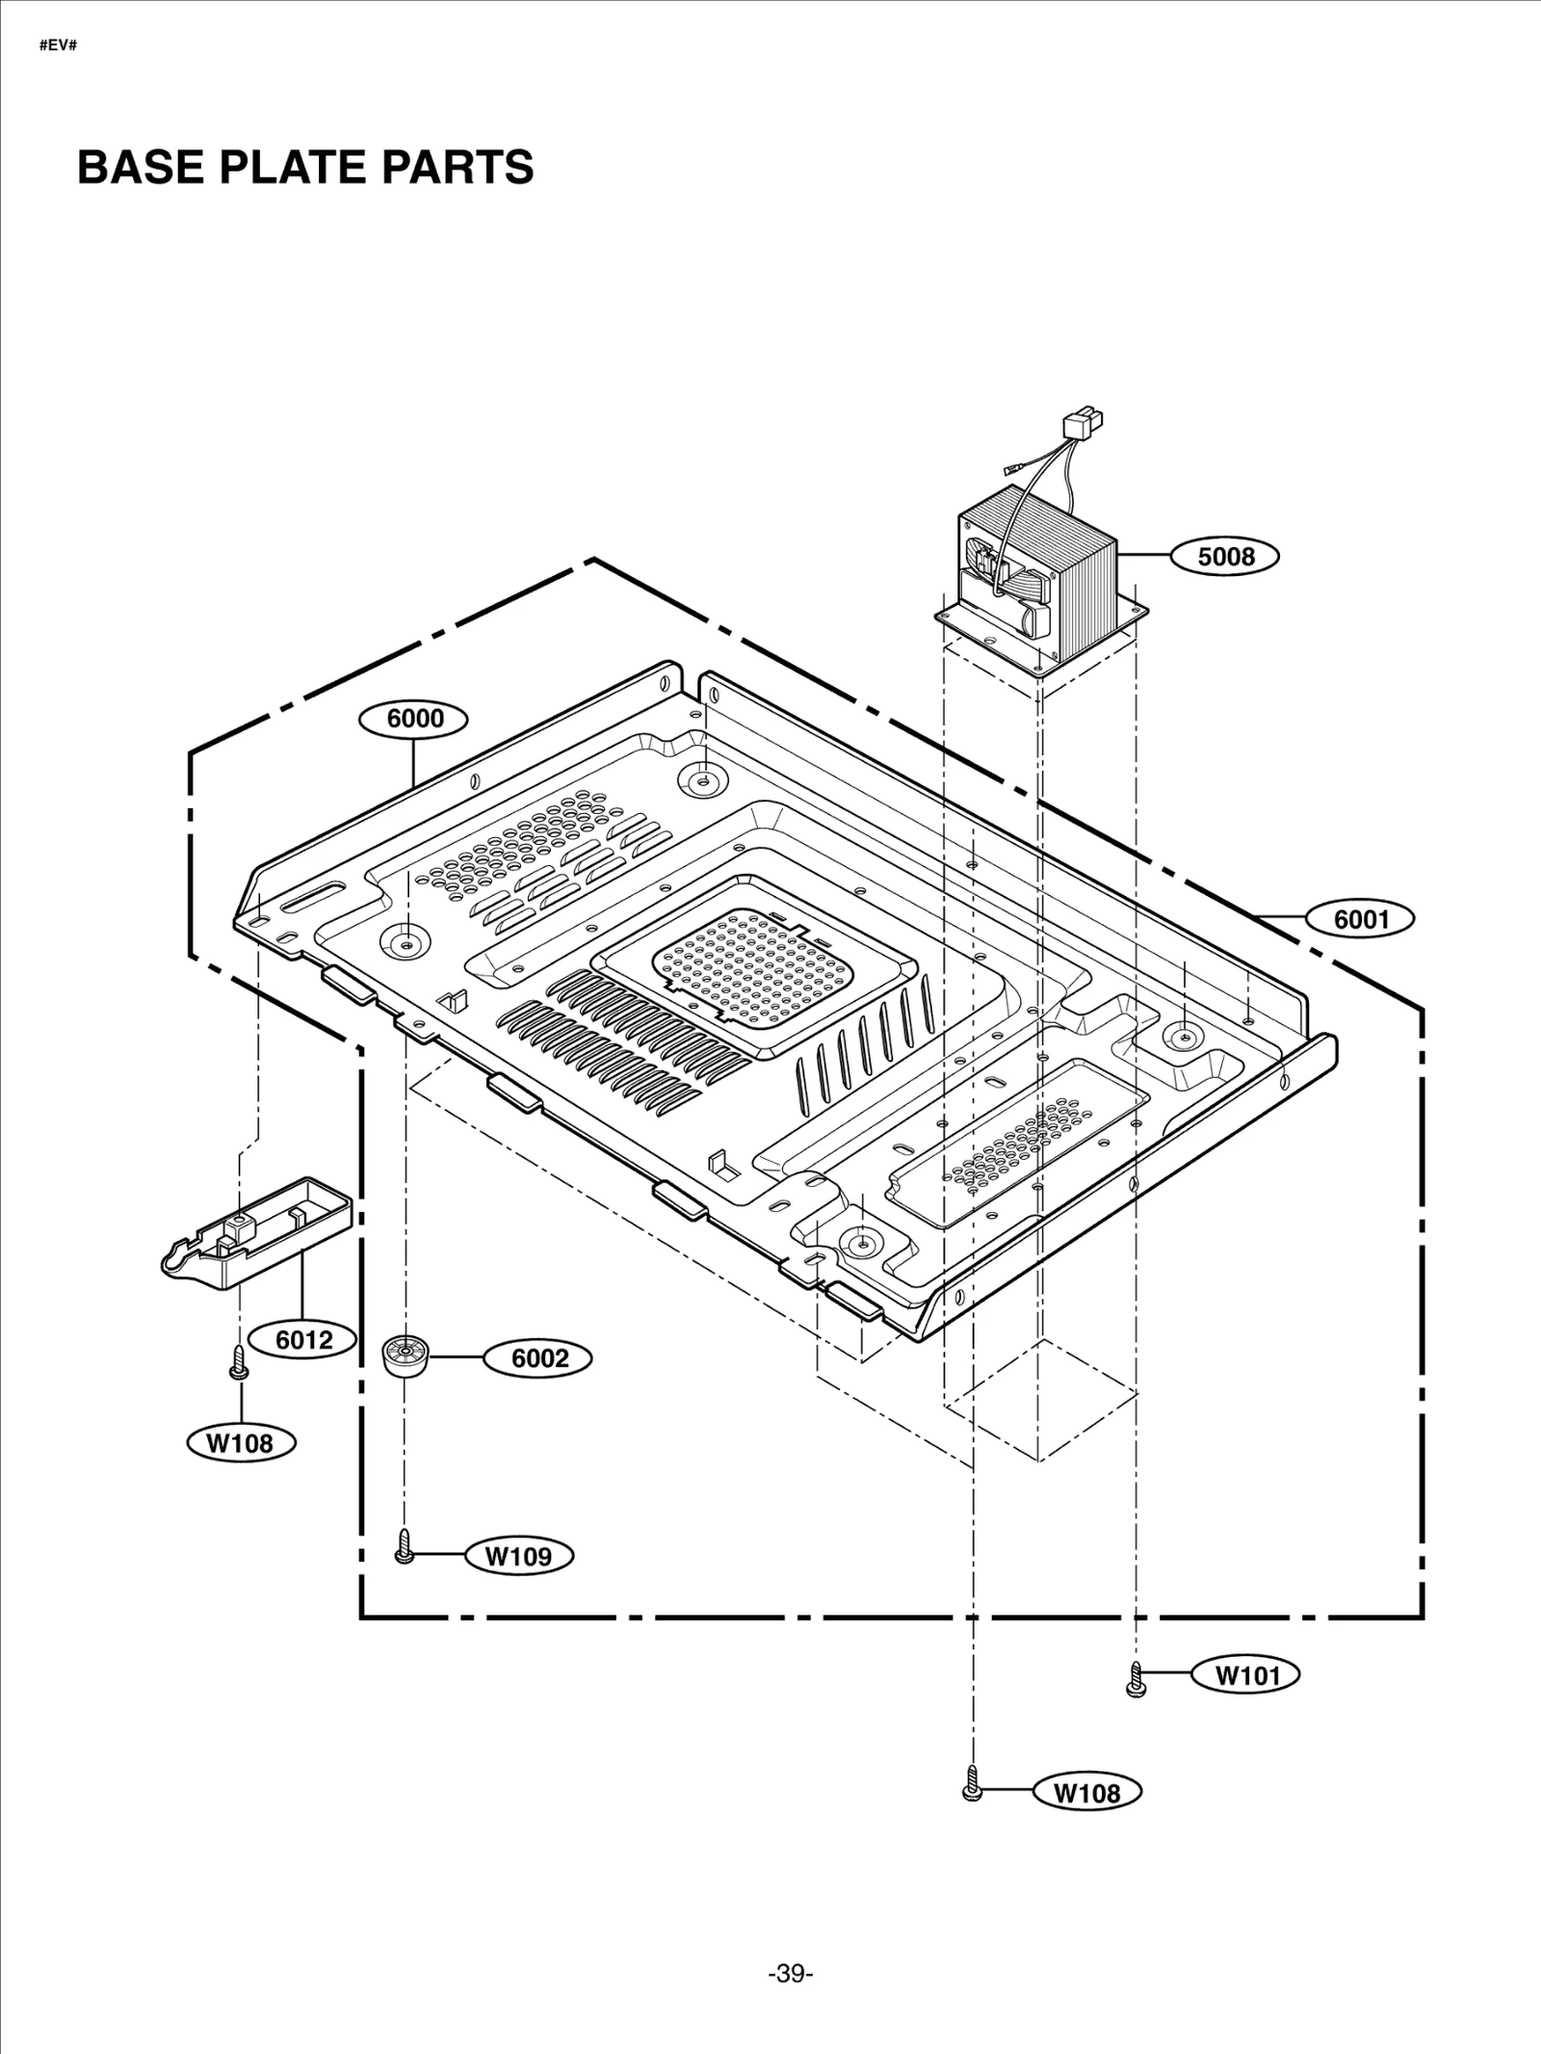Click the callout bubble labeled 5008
[1225, 557]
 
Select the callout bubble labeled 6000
[414, 719]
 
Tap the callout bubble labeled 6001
[1360, 919]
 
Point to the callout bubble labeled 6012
[303, 1339]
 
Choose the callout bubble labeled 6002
[538, 1358]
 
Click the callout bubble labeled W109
[518, 1556]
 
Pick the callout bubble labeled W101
[1246, 1675]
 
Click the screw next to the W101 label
[1136, 1679]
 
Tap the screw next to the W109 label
[405, 1546]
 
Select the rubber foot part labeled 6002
[405, 1356]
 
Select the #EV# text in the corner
[58, 46]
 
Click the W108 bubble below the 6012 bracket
[241, 1442]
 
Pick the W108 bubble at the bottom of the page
[1086, 1793]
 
